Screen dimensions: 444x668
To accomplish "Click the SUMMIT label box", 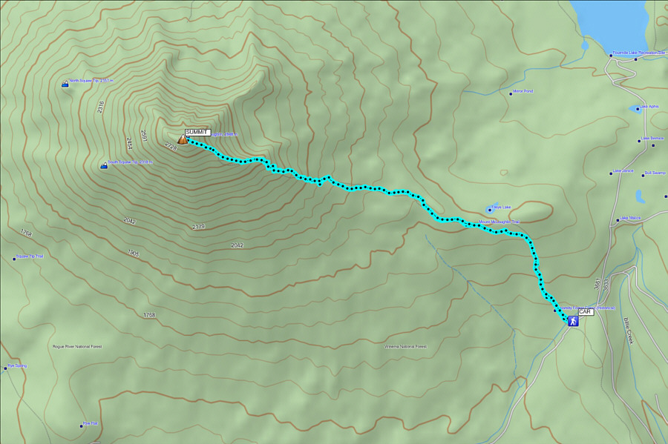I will pos(197,132).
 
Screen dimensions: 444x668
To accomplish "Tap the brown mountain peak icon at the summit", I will pos(183,139).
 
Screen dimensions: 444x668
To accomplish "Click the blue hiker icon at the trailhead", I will pos(572,322).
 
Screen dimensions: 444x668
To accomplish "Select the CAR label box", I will pos(586,312).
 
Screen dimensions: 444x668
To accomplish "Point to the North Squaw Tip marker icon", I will pos(65,84).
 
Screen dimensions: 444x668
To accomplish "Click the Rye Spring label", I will pos(16,365).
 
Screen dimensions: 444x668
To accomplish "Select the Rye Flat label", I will pos(91,424).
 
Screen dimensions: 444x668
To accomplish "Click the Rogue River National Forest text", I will pos(77,346).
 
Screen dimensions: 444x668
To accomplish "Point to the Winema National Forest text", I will pos(405,346).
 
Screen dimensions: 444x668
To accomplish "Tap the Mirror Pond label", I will pos(523,91).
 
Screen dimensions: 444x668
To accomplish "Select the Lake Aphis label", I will pos(649,106).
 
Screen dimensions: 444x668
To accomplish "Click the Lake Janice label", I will pos(623,171).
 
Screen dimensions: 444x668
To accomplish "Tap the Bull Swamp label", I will pos(655,173).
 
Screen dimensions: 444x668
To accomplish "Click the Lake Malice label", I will pos(630,218).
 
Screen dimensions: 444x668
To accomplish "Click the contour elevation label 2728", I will pos(171,147).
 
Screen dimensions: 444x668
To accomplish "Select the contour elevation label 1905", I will pos(134,254).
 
